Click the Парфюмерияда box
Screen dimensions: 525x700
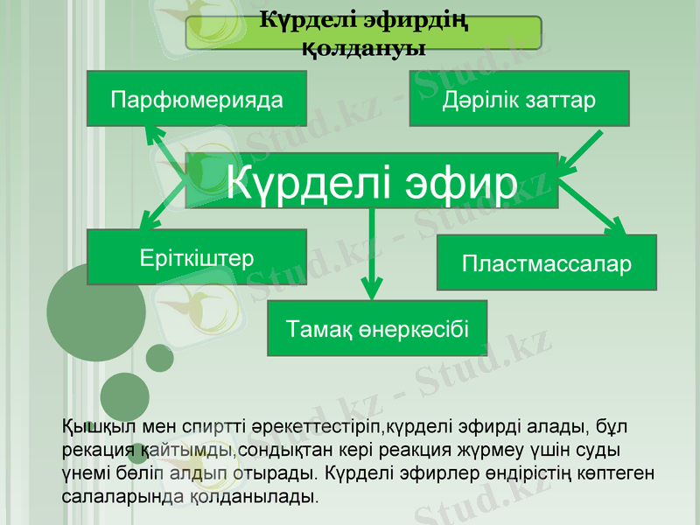pos(197,99)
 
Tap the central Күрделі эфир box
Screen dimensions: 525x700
pos(372,181)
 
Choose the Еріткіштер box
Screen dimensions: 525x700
pos(197,258)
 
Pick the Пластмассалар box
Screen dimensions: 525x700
pos(547,262)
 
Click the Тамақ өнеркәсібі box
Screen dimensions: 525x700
pos(377,329)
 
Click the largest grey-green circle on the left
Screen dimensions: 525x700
pos(96,312)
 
